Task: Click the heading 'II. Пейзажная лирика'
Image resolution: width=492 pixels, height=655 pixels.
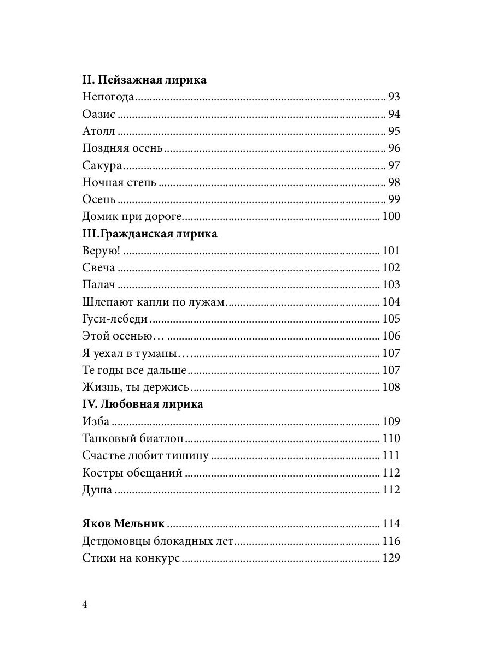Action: pyautogui.click(x=144, y=80)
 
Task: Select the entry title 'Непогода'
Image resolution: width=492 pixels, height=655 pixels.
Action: pyautogui.click(x=108, y=98)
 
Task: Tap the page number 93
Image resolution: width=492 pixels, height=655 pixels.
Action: pyautogui.click(x=394, y=98)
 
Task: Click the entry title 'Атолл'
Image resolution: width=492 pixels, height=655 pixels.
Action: pyautogui.click(x=100, y=132)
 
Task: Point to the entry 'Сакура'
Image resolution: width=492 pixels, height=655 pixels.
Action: pyautogui.click(x=102, y=165)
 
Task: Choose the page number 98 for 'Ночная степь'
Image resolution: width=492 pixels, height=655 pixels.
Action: pyautogui.click(x=394, y=182)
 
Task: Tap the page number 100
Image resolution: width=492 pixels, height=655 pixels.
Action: pyautogui.click(x=391, y=217)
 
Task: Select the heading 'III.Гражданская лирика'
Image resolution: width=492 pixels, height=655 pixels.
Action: pyautogui.click(x=150, y=234)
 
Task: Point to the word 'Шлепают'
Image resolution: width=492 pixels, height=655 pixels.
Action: pyautogui.click(x=104, y=302)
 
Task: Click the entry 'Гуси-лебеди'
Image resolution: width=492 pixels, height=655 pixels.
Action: pyautogui.click(x=115, y=319)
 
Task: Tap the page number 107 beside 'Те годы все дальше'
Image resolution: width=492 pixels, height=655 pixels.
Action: pyautogui.click(x=391, y=371)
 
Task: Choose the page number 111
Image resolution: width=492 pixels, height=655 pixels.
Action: pyautogui.click(x=391, y=456)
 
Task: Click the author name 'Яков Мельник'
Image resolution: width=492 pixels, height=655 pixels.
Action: pyautogui.click(x=124, y=524)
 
